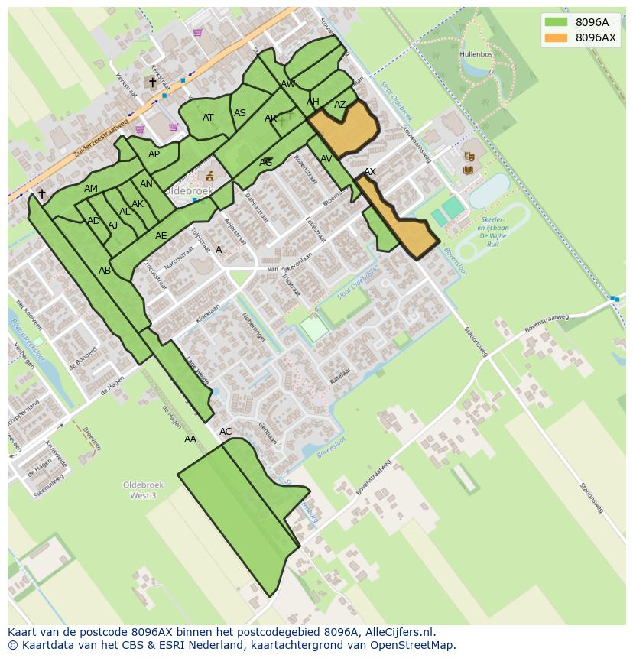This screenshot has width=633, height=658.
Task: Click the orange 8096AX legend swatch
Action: [556, 37]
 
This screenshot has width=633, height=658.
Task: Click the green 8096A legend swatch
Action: [556, 22]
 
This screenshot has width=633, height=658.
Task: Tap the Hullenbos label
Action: [475, 55]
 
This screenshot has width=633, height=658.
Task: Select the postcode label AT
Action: [208, 118]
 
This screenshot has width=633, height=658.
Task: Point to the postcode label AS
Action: [240, 113]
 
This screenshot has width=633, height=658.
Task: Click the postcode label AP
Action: [154, 154]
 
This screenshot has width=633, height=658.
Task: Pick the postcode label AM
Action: [91, 189]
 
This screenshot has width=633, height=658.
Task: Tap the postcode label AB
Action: [105, 271]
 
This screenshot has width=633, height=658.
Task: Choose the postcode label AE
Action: [161, 236]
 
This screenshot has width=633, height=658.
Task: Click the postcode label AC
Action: [226, 432]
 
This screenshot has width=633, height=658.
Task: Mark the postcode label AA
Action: [190, 439]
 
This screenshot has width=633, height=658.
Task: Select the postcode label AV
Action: [326, 159]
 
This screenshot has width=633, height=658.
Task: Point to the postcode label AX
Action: [370, 172]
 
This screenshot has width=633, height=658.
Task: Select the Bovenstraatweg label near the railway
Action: [546, 323]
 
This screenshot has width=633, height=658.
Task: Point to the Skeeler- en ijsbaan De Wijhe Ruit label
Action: [493, 228]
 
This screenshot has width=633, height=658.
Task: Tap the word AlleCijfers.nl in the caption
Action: [399, 632]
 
